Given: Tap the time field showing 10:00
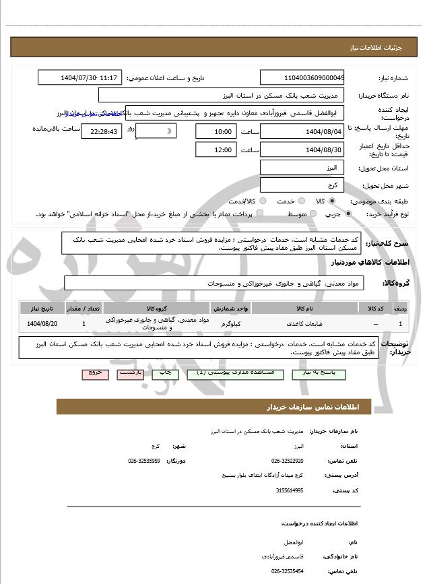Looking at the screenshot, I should [216, 131].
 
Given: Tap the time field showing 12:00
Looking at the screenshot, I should [216, 150].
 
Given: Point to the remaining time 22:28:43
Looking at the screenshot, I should [101, 131].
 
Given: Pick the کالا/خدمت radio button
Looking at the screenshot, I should [262, 201].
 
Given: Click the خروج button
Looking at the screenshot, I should [94, 372].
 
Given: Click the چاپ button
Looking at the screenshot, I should [164, 372].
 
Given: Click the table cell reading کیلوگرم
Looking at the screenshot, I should [231, 324].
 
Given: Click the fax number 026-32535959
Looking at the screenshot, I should [143, 461].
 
